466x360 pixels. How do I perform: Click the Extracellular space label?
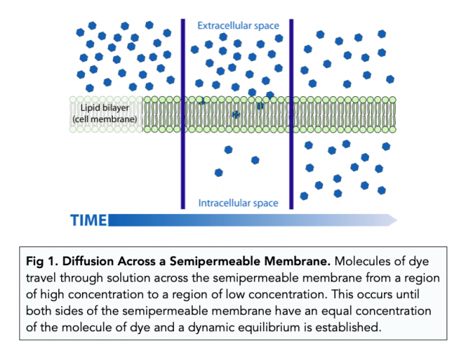[x=238, y=26]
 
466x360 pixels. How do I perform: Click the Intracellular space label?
[x=238, y=203]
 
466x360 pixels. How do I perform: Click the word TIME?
[x=88, y=220]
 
